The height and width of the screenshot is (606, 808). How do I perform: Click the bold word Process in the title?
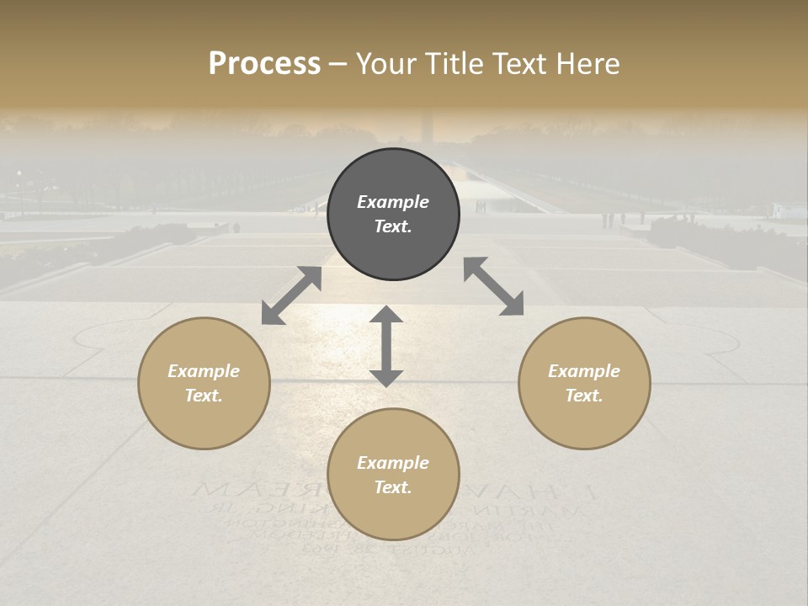(x=264, y=64)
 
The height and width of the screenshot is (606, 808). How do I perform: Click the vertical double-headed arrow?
(x=386, y=346)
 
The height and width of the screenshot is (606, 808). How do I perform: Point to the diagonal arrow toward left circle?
(x=291, y=295)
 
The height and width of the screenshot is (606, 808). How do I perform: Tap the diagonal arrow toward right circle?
(x=494, y=286)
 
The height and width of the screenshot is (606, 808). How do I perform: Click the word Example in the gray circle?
(x=393, y=202)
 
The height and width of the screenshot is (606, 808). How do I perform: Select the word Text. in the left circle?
(x=204, y=396)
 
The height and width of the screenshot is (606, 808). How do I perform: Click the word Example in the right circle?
(x=584, y=371)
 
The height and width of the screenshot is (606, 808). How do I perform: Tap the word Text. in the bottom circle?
(x=393, y=487)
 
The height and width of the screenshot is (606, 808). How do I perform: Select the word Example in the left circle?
(x=204, y=371)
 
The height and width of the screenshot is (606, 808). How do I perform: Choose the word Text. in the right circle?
(x=584, y=396)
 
